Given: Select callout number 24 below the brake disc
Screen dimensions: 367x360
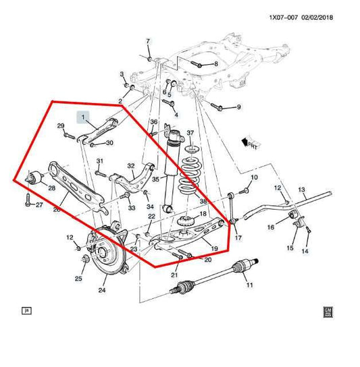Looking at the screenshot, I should click(102, 291).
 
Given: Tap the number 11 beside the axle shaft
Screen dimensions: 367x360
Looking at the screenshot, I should click(249, 286).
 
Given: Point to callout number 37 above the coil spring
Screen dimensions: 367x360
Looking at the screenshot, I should click(190, 133).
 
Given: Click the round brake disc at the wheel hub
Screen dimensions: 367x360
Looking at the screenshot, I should click(108, 254).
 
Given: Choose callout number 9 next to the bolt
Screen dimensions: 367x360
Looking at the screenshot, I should click(238, 107).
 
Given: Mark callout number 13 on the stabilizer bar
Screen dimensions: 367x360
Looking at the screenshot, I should click(301, 191).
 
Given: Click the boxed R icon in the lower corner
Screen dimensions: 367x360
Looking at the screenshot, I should click(26, 310).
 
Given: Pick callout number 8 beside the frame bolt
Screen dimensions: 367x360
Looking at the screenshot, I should click(215, 64).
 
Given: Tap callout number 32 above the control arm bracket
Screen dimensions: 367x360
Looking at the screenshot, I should click(131, 166).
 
